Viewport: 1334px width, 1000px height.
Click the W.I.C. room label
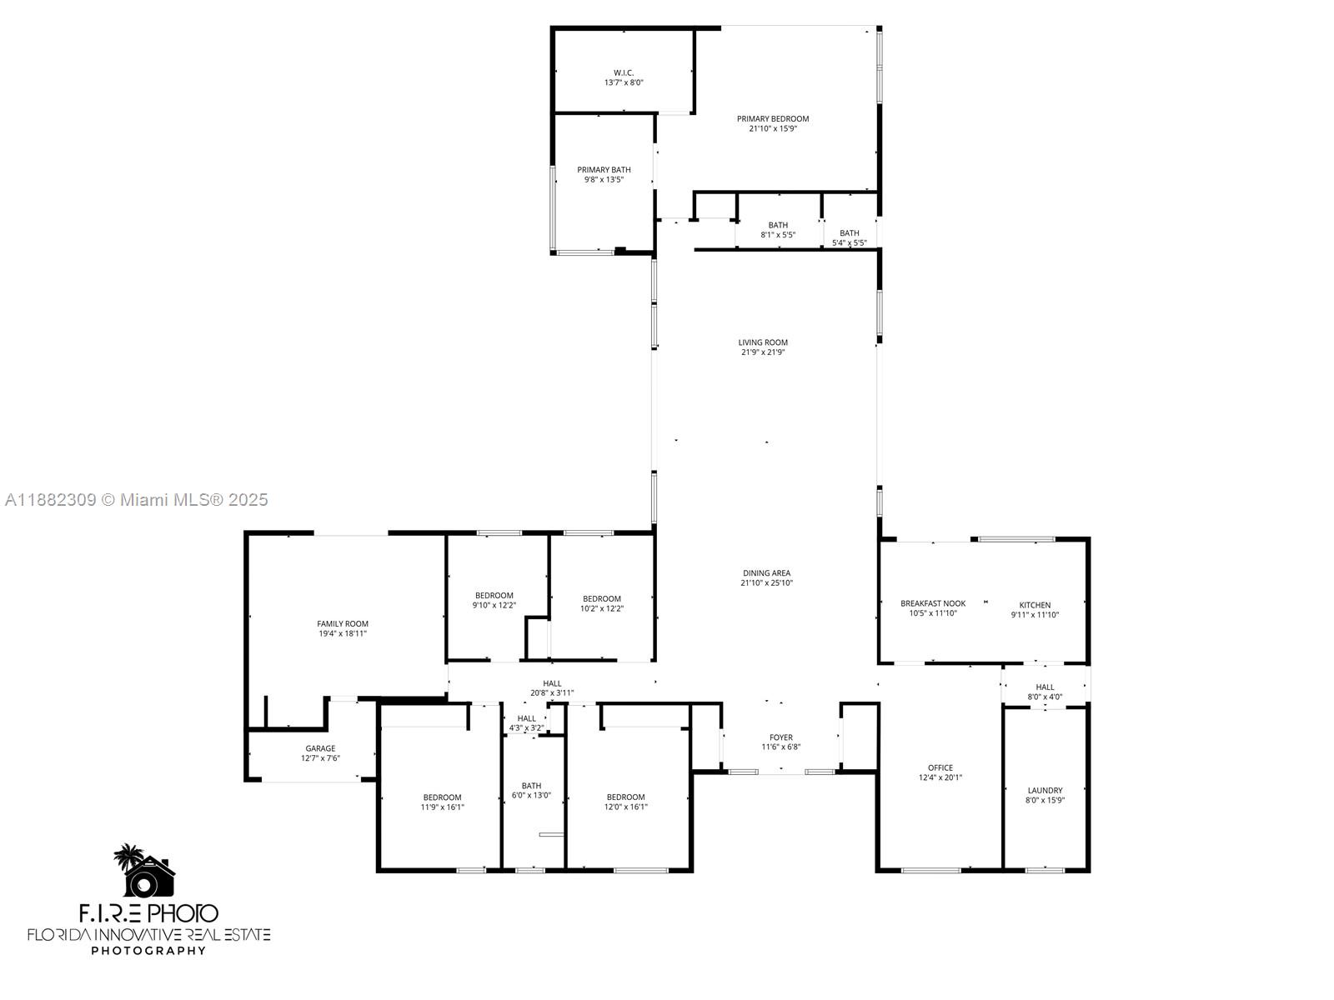(624, 73)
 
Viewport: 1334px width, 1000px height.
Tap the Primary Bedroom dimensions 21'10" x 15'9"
(772, 129)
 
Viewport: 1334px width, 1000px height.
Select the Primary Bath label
(604, 170)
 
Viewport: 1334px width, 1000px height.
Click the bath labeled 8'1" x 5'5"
(778, 230)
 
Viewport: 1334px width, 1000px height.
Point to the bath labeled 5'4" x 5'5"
(850, 238)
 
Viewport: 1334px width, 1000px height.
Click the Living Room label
(763, 342)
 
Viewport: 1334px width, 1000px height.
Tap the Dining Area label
(766, 573)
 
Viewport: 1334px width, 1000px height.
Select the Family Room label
(342, 624)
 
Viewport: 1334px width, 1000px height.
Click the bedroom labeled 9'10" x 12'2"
(494, 600)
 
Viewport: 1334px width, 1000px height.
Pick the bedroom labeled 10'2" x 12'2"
(602, 603)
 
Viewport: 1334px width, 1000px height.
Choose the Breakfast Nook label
(933, 604)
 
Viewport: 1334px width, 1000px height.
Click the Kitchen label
(1035, 606)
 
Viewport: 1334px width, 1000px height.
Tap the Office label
(940, 768)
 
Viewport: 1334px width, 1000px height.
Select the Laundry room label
(1045, 791)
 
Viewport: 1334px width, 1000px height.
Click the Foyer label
(781, 737)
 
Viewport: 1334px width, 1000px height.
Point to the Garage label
(320, 749)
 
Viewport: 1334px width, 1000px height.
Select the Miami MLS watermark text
(137, 500)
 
